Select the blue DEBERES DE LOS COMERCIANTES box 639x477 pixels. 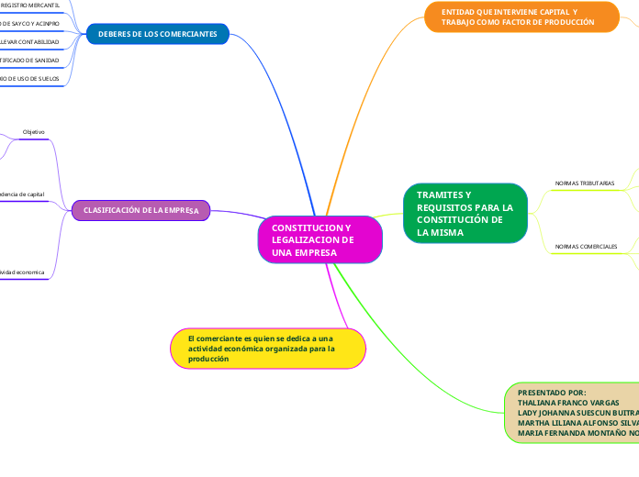[x=157, y=35]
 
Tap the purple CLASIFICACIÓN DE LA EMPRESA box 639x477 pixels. [x=141, y=211]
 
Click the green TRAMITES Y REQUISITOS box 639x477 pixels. [x=465, y=214]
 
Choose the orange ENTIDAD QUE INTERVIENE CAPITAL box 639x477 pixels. [x=521, y=17]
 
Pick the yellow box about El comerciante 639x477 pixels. [x=268, y=349]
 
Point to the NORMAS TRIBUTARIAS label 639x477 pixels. [x=585, y=183]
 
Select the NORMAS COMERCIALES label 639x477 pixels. [x=586, y=246]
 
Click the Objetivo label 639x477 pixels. [x=33, y=132]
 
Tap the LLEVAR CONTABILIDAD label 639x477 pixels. [x=30, y=42]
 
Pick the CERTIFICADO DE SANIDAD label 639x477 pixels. [x=30, y=61]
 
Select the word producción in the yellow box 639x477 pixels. [x=208, y=359]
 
